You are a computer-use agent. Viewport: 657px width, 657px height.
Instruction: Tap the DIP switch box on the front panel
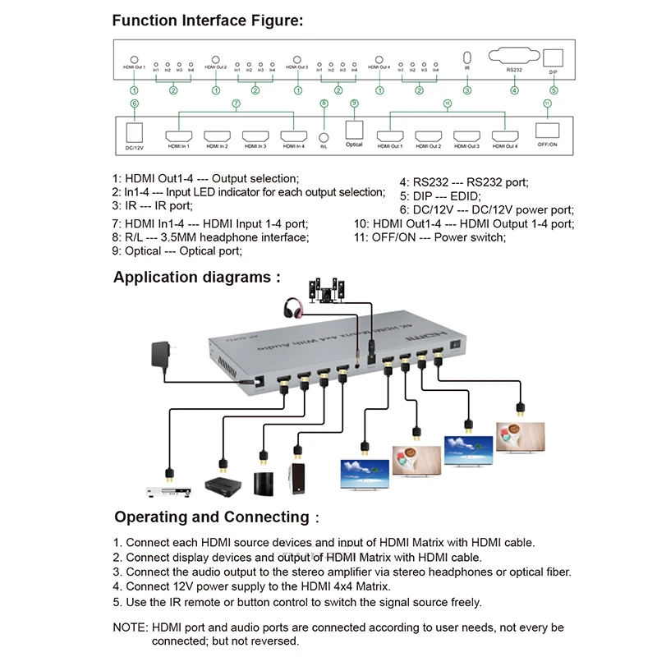(554, 57)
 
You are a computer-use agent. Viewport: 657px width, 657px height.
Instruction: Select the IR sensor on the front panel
(467, 57)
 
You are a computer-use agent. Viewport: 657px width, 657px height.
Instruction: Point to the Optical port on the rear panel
(354, 131)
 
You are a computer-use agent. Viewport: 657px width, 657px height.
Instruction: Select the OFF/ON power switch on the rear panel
(546, 131)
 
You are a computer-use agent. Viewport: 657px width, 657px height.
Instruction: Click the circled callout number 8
(324, 103)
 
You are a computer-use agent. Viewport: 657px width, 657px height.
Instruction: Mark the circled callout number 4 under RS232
(514, 90)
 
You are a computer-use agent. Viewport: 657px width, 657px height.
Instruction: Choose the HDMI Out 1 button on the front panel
(134, 58)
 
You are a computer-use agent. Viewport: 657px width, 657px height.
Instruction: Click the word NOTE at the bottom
(130, 627)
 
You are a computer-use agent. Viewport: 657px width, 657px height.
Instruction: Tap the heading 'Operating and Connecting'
(211, 517)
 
